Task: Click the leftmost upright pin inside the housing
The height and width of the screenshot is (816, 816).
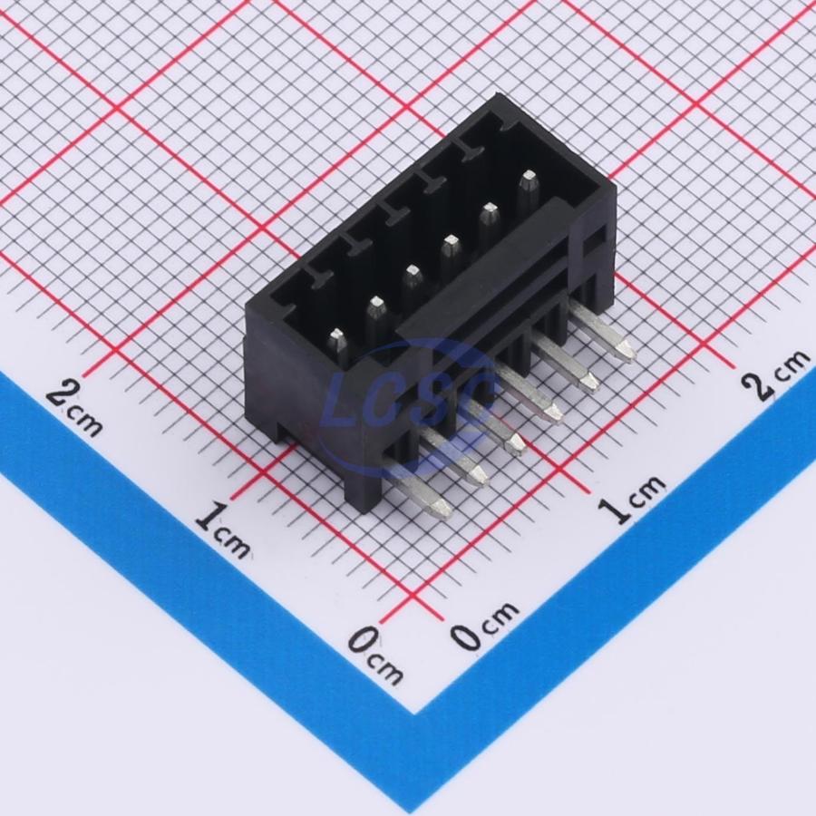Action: [x=338, y=346]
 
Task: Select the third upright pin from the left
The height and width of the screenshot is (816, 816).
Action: [x=413, y=284]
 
